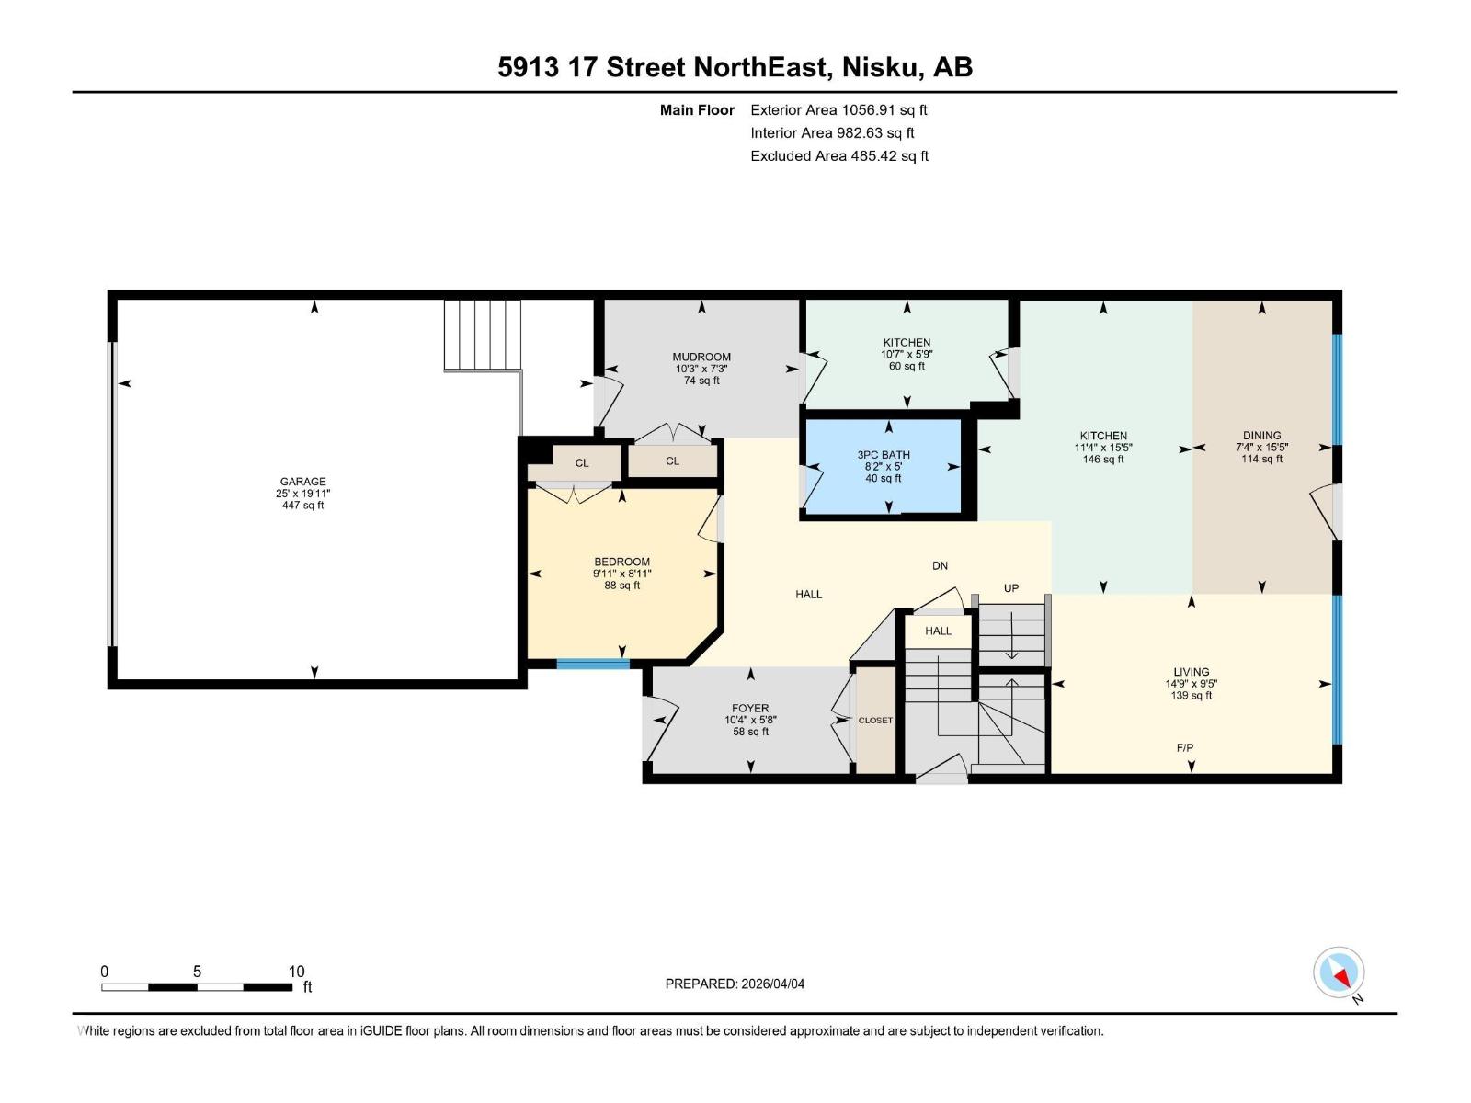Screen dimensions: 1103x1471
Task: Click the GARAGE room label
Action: click(x=302, y=482)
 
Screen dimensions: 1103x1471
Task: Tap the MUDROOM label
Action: click(x=701, y=358)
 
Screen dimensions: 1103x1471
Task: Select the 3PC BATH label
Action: click(x=884, y=455)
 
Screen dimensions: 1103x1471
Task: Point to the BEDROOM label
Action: click(x=621, y=562)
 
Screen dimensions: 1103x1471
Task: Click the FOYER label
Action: click(x=750, y=709)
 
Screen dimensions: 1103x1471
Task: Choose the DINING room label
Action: click(x=1261, y=436)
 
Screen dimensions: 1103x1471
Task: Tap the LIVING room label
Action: click(x=1191, y=672)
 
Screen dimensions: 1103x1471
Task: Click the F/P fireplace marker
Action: click(x=1185, y=748)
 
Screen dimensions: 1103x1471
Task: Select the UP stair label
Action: click(x=1011, y=588)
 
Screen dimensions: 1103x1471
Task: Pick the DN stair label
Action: click(x=940, y=566)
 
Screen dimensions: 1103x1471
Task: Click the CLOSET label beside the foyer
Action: click(x=875, y=721)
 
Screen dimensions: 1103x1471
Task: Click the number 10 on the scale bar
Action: click(x=296, y=972)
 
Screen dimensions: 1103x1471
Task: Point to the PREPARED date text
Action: click(x=735, y=984)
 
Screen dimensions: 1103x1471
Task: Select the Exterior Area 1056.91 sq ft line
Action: click(x=838, y=110)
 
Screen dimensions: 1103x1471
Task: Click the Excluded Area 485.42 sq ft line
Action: click(x=839, y=156)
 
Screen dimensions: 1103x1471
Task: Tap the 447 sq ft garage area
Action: click(x=302, y=506)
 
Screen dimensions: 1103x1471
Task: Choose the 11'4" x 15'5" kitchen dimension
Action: click(x=1103, y=448)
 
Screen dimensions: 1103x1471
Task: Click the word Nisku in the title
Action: click(x=882, y=67)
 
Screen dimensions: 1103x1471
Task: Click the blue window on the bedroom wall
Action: click(x=593, y=664)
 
